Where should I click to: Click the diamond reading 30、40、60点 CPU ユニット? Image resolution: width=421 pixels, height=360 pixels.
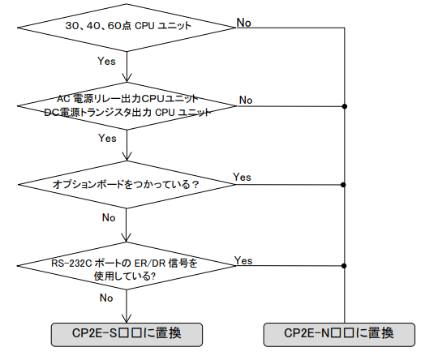click(x=127, y=28)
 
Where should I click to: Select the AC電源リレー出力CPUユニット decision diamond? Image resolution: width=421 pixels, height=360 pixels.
click(x=127, y=106)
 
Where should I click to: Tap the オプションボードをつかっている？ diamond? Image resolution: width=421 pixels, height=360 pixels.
click(x=127, y=185)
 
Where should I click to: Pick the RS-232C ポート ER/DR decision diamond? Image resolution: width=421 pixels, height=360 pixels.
click(x=127, y=266)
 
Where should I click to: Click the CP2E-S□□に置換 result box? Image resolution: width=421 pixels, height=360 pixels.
click(x=127, y=334)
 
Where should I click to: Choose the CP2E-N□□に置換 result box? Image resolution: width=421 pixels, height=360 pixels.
click(x=339, y=334)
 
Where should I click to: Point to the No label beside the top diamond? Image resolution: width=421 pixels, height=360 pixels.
click(x=244, y=23)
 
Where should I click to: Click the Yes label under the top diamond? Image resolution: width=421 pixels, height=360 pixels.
click(x=106, y=61)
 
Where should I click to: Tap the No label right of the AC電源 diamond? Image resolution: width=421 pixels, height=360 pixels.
click(x=246, y=101)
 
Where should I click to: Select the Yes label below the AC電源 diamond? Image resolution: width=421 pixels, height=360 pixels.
click(x=107, y=138)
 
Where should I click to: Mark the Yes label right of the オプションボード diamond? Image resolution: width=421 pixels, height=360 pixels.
click(x=242, y=178)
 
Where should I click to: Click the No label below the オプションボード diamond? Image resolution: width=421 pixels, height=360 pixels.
click(x=109, y=217)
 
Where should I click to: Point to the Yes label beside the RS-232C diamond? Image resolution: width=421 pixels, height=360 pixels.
click(x=243, y=260)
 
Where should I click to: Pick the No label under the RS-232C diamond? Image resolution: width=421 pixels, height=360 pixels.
click(x=106, y=298)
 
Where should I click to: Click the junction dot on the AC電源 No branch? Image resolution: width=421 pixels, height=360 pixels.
click(x=344, y=106)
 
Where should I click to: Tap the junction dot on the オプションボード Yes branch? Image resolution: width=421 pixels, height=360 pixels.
click(x=343, y=185)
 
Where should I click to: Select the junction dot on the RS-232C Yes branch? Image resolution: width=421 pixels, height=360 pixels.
click(x=344, y=266)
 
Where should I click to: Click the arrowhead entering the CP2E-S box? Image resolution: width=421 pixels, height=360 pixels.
click(x=127, y=319)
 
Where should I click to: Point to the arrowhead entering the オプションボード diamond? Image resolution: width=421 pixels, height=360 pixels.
click(x=127, y=156)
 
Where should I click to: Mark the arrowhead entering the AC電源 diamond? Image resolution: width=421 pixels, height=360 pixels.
click(x=127, y=78)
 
